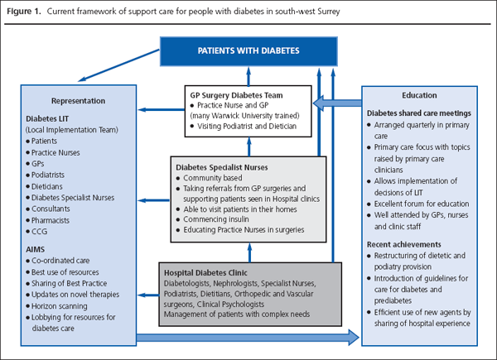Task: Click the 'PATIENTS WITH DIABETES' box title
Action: (248, 50)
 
